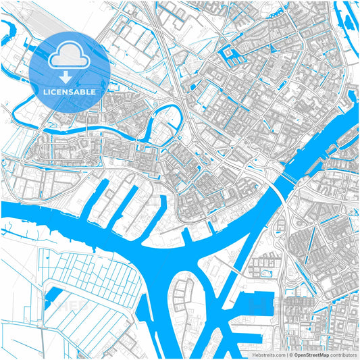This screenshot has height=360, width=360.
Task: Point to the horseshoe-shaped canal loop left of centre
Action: click(165, 115)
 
